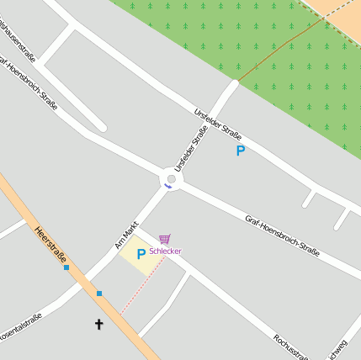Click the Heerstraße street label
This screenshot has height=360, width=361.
pos(51,245)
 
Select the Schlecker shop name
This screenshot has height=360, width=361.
pos(165,251)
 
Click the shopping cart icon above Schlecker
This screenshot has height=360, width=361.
pos(164,240)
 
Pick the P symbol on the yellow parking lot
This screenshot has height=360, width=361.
pos(141,253)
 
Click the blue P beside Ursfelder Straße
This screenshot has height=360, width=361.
pos(240,151)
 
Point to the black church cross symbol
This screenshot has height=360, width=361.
pos(98,323)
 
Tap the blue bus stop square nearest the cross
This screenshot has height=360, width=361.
pos(99,294)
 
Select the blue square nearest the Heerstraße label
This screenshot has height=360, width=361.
pos(66,267)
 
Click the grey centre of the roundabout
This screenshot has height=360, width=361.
pos(172,179)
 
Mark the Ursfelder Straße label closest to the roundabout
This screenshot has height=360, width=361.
pos(190,148)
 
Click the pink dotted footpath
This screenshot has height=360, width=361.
pos(141,287)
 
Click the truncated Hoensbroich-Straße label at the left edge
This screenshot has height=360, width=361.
pos(29,88)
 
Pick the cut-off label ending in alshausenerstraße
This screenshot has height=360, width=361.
pos(16,46)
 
